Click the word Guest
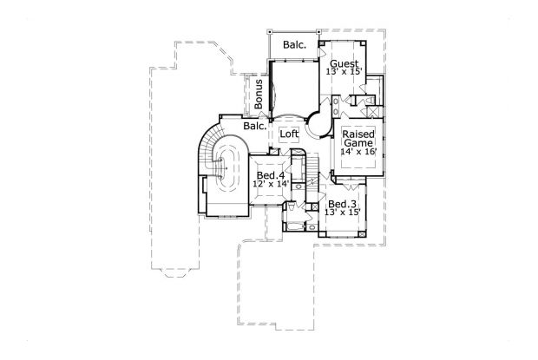pos(345,62)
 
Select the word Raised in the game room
pos(358,134)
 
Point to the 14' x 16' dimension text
pos(358,152)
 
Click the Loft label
pos(288,134)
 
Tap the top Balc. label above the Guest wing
pos(293,44)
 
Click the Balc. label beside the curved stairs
pos(254,126)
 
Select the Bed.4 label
pos(270,175)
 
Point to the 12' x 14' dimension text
pos(270,184)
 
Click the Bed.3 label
pos(342,205)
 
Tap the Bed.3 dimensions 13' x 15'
pos(342,213)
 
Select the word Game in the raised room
pos(358,143)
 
